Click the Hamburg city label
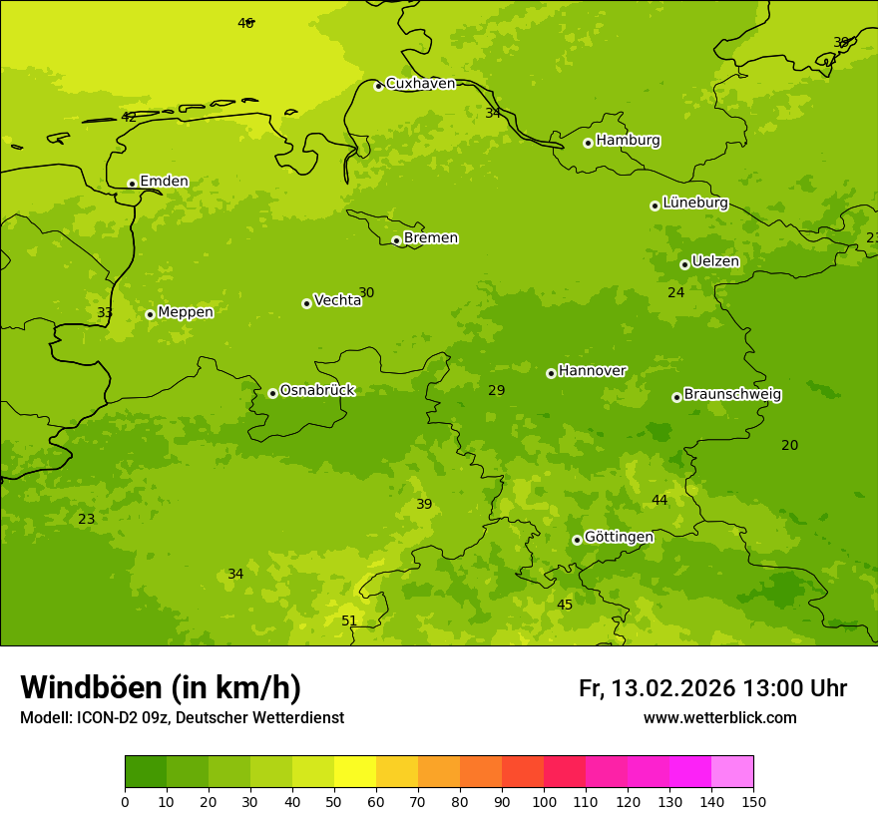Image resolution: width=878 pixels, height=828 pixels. coord(628,141)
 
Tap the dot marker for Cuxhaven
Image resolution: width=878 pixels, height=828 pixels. coord(378,87)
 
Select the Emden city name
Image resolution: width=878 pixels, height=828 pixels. coord(164,182)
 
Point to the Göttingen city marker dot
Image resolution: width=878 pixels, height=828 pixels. coord(577,540)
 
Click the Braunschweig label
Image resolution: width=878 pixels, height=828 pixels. coord(732,395)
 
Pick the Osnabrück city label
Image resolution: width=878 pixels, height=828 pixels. coord(317,391)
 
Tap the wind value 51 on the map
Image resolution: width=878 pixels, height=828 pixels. coord(349,621)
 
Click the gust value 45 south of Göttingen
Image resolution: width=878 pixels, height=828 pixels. coord(565,605)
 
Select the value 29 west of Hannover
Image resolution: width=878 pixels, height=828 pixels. coord(497,390)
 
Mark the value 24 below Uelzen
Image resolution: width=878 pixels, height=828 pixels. coord(676,292)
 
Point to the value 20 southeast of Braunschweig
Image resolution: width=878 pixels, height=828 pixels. coord(789,445)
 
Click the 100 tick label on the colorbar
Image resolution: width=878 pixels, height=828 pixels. coord(544,801)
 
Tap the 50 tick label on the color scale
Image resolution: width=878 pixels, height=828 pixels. coord(334,801)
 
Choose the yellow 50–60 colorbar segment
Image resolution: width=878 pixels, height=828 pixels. coord(355,772)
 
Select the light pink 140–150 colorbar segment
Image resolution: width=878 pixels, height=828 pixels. coord(732,772)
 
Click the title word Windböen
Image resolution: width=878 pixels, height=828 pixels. coord(91,687)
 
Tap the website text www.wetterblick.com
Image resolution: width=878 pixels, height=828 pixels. coord(719,718)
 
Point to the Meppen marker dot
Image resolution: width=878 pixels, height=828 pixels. coord(150,314)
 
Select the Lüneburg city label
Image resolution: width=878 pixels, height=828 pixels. coord(695,203)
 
